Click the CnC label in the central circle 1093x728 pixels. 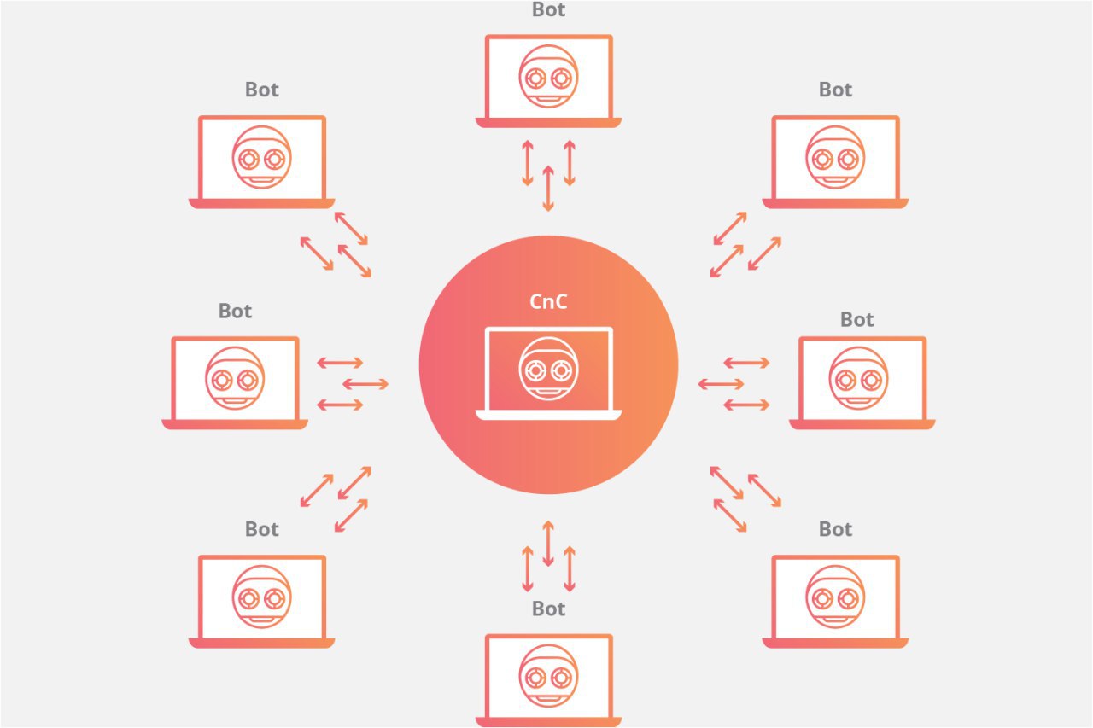548,302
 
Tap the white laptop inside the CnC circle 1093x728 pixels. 548,374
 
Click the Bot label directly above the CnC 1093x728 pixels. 548,9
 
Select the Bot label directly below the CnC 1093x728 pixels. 548,609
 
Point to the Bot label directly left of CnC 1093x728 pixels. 235,311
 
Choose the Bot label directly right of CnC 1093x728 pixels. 856,319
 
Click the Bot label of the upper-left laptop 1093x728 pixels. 262,90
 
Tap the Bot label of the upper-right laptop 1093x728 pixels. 835,90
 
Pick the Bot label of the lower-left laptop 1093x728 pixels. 262,529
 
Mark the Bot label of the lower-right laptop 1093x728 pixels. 835,529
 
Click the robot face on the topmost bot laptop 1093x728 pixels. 548,77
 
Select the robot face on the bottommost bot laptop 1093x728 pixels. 548,676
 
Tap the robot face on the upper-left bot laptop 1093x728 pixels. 262,158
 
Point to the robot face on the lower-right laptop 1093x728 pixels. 835,597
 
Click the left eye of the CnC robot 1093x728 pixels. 535,371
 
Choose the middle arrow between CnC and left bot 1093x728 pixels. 365,384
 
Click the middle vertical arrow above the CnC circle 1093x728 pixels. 548,189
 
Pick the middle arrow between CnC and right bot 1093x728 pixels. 721,384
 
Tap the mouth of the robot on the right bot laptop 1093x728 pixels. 858,402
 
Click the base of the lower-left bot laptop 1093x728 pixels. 262,644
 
